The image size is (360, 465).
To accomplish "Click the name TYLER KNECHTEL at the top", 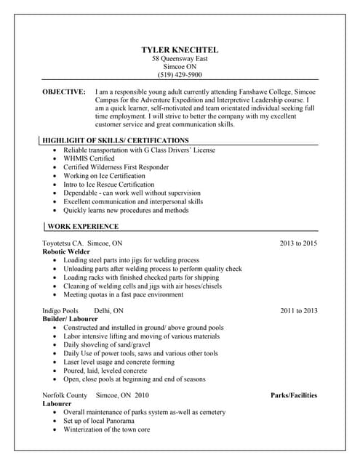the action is pos(180,49).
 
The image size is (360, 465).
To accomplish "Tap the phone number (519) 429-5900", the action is pos(180,75).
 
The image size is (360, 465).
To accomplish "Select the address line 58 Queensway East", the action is pos(180,58).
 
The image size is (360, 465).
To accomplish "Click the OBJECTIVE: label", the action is pos(64,92).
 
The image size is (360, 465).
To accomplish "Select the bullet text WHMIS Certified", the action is pos(89,158).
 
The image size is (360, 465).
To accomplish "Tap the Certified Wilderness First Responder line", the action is pos(116,167).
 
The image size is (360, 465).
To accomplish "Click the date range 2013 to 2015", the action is pos(298,243).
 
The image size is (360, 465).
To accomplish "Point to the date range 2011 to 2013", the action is pos(298,311).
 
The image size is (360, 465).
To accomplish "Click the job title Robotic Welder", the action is pos(66,251).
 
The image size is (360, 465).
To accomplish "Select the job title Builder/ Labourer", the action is pos(71,320).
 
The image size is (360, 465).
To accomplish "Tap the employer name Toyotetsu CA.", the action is pos(63,243).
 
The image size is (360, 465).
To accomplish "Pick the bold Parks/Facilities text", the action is pos(294,395).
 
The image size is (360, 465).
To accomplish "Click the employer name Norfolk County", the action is pos(65,395).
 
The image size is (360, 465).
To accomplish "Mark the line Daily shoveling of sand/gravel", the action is pos(108,345).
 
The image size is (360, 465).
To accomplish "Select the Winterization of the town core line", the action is pos(106,429).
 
